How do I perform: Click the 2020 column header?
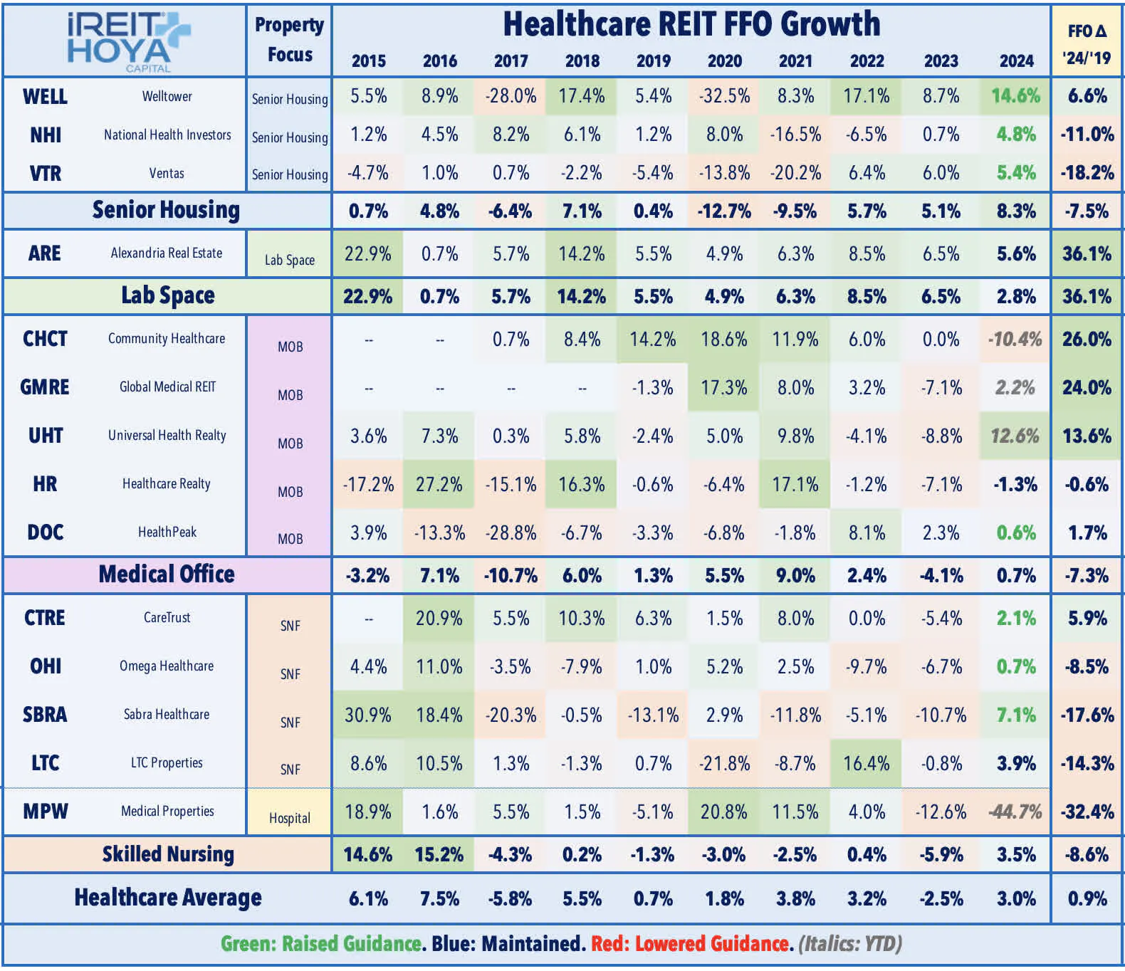click(x=724, y=61)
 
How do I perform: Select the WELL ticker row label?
click(x=45, y=96)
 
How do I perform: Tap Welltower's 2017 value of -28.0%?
click(x=511, y=96)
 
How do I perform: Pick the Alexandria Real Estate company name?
click(x=167, y=253)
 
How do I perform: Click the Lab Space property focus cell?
click(x=289, y=260)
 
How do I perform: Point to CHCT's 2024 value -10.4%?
click(x=1015, y=340)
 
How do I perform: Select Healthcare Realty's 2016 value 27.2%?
click(x=439, y=485)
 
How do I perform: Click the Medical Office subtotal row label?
click(x=167, y=574)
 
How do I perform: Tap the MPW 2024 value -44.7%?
click(x=1015, y=812)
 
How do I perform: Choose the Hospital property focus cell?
click(x=289, y=818)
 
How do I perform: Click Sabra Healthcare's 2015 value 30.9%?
click(x=368, y=715)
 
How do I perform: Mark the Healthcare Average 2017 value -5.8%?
click(x=511, y=898)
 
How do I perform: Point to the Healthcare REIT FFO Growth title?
click(x=691, y=24)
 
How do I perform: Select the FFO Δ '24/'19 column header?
click(x=1087, y=44)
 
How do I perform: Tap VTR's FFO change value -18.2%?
click(x=1087, y=173)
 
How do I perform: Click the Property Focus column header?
click(x=289, y=39)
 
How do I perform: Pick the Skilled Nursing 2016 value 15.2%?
click(x=439, y=854)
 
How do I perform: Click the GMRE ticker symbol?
click(x=45, y=387)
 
